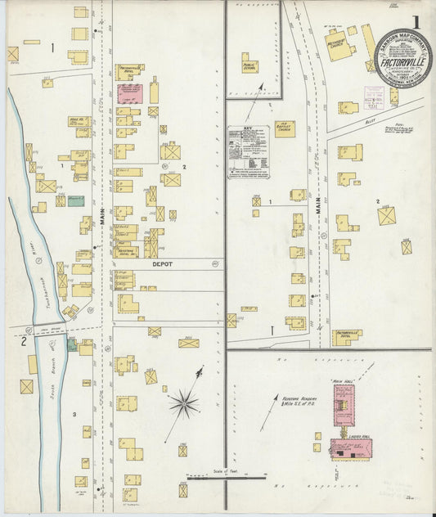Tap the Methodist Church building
pos(340,49)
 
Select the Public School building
pos(249,64)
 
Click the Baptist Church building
pos(285,128)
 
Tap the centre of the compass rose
pos(184,402)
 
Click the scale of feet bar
pos(225,475)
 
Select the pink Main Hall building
pos(343,405)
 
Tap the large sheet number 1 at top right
pos(417,22)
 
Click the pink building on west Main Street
pos(129,92)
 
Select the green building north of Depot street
pos(75,200)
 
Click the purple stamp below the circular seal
pos(374,94)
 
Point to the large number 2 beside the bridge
pos(24,341)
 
